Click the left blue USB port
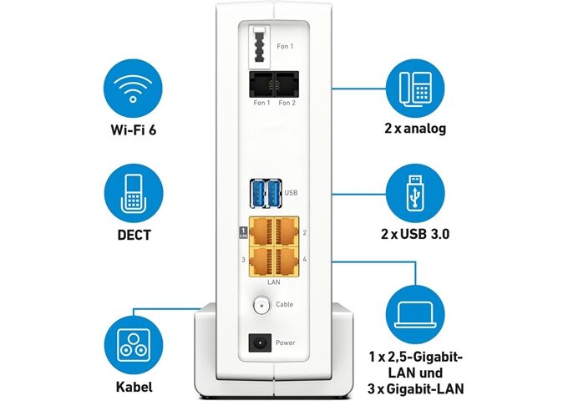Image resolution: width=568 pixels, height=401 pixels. click(x=256, y=193)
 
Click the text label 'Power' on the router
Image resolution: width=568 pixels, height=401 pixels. click(x=285, y=343)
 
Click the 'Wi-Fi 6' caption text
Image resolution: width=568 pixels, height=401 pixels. click(x=129, y=129)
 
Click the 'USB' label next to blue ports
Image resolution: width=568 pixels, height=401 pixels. click(x=291, y=193)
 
